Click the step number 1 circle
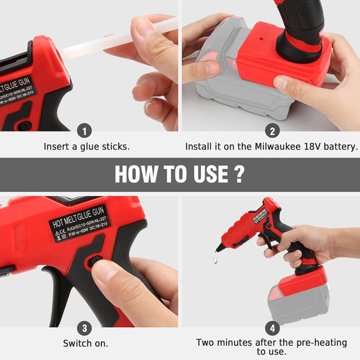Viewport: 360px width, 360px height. (x=86, y=131)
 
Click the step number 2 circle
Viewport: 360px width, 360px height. (x=271, y=131)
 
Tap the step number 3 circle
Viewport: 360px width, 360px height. (x=86, y=328)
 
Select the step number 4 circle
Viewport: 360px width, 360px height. (x=271, y=328)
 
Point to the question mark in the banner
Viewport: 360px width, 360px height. (x=238, y=174)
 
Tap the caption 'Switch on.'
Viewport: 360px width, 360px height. (x=86, y=343)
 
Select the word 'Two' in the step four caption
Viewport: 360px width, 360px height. (x=207, y=343)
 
